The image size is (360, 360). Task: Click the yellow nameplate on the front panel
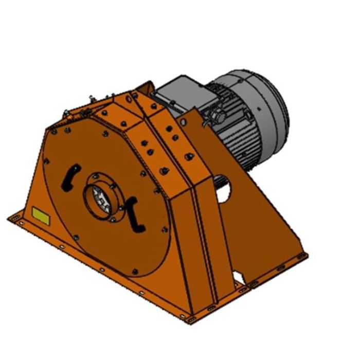pyautogui.click(x=41, y=215)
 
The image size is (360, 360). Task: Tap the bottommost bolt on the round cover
pyautogui.click(x=134, y=272)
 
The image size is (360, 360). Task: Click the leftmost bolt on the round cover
pyautogui.click(x=46, y=161)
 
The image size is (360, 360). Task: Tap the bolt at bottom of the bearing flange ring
pyautogui.click(x=110, y=220)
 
